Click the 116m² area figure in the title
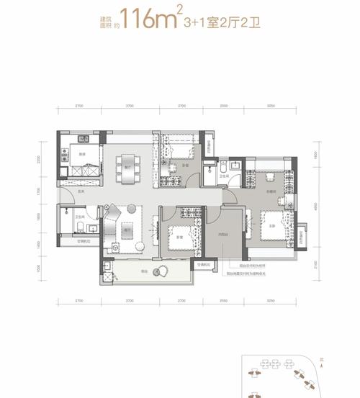150,18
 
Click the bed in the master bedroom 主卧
271,227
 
